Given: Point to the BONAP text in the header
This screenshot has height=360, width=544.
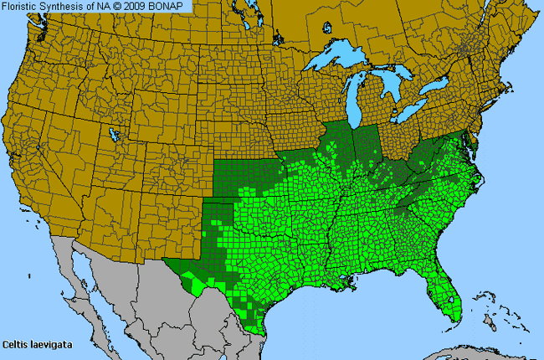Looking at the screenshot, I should [173, 6].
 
